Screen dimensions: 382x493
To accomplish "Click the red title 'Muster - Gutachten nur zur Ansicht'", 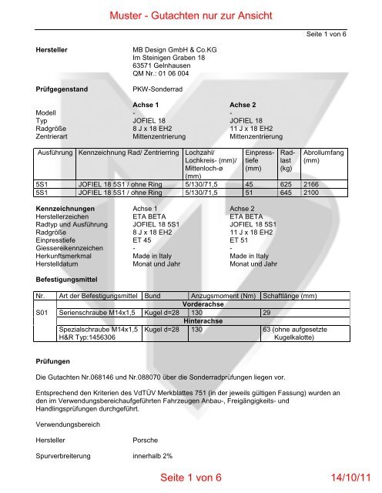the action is [191, 15].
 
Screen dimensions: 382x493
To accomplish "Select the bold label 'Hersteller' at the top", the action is [54, 49].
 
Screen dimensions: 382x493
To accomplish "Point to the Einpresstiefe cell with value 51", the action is [249, 194].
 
